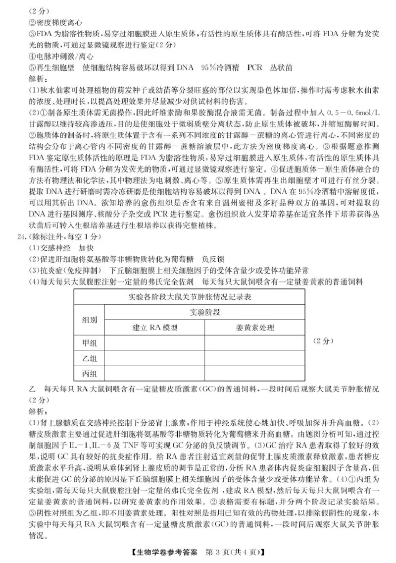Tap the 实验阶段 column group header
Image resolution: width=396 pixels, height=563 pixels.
[x=204, y=312]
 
